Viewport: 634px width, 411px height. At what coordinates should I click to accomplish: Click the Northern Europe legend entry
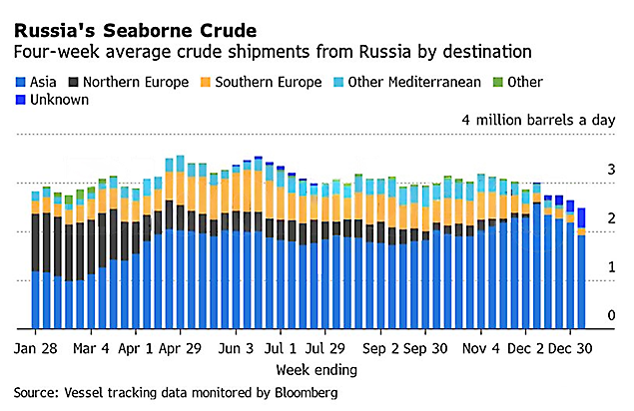[131, 82]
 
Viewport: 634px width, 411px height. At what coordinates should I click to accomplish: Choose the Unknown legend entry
[60, 101]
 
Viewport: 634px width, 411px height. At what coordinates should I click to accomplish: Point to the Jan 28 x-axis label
[36, 350]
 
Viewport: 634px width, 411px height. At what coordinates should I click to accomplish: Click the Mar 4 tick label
[93, 350]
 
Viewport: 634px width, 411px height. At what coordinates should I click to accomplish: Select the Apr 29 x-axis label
[180, 350]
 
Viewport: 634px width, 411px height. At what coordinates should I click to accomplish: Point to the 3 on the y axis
[611, 172]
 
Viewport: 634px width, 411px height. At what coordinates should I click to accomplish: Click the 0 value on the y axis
[611, 315]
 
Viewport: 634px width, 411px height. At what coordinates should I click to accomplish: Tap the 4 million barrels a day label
[538, 120]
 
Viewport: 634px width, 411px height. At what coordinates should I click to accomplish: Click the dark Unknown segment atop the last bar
[582, 217]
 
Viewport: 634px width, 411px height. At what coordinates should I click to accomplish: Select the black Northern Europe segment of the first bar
[36, 242]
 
